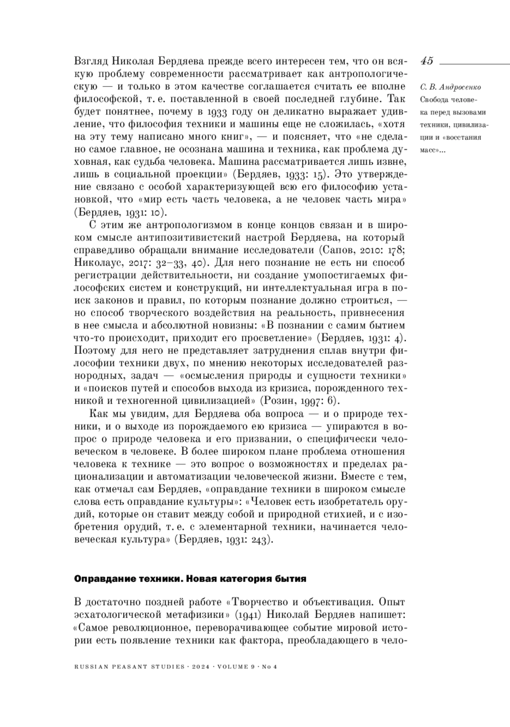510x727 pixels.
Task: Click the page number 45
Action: coord(427,61)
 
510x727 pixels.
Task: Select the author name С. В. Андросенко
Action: coord(450,87)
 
